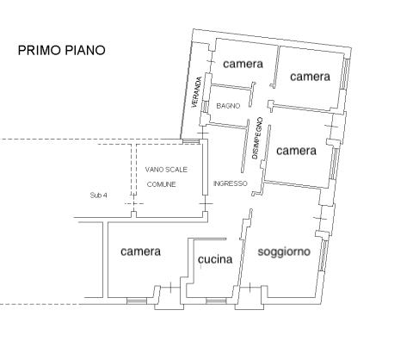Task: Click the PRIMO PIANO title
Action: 61,50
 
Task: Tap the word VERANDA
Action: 197,92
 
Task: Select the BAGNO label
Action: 228,106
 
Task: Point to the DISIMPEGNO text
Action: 256,138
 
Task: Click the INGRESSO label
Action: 231,183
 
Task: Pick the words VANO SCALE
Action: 166,170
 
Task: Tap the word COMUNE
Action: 161,184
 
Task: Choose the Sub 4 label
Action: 98,196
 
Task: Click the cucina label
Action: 215,259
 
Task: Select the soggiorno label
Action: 284,251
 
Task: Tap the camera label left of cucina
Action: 140,251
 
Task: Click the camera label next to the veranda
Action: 243,64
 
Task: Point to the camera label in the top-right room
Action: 310,77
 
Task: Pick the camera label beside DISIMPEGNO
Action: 296,151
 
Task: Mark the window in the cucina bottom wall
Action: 216,301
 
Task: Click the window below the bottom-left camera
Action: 137,301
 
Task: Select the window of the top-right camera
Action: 345,74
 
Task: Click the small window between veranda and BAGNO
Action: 206,106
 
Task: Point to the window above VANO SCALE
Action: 191,141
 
